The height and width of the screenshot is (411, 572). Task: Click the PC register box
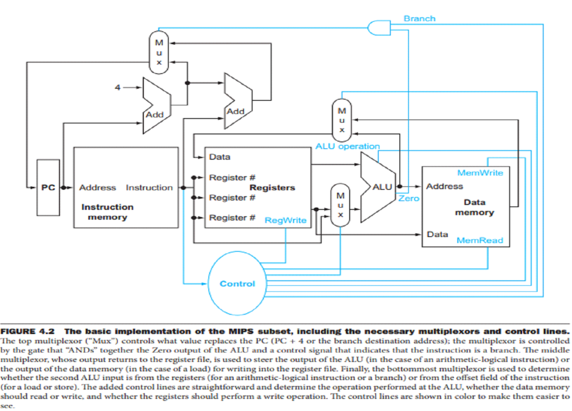pyautogui.click(x=47, y=188)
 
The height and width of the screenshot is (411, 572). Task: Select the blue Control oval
pyautogui.click(x=237, y=284)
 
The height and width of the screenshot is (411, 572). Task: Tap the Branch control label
pyautogui.click(x=419, y=18)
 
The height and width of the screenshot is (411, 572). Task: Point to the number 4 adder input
pyautogui.click(x=117, y=88)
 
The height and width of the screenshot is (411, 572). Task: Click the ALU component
pyautogui.click(x=378, y=187)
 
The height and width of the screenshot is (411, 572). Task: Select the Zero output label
pyautogui.click(x=408, y=198)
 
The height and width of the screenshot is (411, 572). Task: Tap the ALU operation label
pyautogui.click(x=347, y=146)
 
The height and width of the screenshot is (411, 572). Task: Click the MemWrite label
pyautogui.click(x=480, y=173)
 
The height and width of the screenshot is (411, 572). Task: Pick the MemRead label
pyautogui.click(x=479, y=240)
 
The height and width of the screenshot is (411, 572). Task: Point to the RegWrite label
pyautogui.click(x=285, y=220)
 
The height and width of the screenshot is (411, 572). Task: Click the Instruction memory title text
pyautogui.click(x=107, y=212)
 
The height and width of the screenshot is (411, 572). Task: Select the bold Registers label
pyautogui.click(x=272, y=188)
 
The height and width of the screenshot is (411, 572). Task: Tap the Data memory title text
pyautogui.click(x=474, y=207)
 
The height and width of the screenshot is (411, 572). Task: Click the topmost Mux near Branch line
pyautogui.click(x=159, y=52)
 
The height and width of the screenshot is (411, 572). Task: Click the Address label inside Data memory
pyautogui.click(x=445, y=187)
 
